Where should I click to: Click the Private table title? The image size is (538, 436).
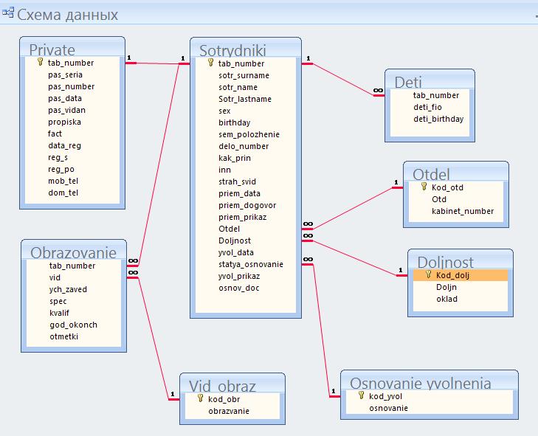pyautogui.click(x=52, y=49)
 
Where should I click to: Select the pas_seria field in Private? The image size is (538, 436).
pyautogui.click(x=65, y=75)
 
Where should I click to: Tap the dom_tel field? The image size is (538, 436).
pyautogui.click(x=63, y=193)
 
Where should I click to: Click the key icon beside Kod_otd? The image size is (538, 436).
pyautogui.click(x=424, y=187)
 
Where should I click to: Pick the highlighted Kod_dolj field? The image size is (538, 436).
pyautogui.click(x=452, y=275)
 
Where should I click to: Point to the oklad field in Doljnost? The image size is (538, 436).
pyautogui.click(x=446, y=299)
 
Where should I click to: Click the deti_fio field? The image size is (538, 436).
pyautogui.click(x=427, y=107)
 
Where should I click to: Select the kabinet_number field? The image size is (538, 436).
pyautogui.click(x=463, y=211)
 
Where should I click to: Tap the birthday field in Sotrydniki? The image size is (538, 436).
pyautogui.click(x=235, y=122)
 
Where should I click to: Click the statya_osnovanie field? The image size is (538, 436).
pyautogui.click(x=251, y=265)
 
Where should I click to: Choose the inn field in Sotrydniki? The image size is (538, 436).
pyautogui.click(x=224, y=170)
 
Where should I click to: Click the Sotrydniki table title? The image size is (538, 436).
pyautogui.click(x=232, y=50)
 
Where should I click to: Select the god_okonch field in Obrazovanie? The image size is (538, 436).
pyautogui.click(x=73, y=325)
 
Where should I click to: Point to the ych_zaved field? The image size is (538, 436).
pyautogui.click(x=68, y=289)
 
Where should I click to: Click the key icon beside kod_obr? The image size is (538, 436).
pyautogui.click(x=201, y=398)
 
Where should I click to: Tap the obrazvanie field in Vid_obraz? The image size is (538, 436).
pyautogui.click(x=229, y=411)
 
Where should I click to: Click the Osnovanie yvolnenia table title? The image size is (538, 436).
pyautogui.click(x=421, y=383)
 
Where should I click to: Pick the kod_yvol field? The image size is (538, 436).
pyautogui.click(x=385, y=396)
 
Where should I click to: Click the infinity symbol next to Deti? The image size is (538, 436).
pyautogui.click(x=378, y=91)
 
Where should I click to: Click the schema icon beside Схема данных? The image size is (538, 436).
pyautogui.click(x=8, y=13)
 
